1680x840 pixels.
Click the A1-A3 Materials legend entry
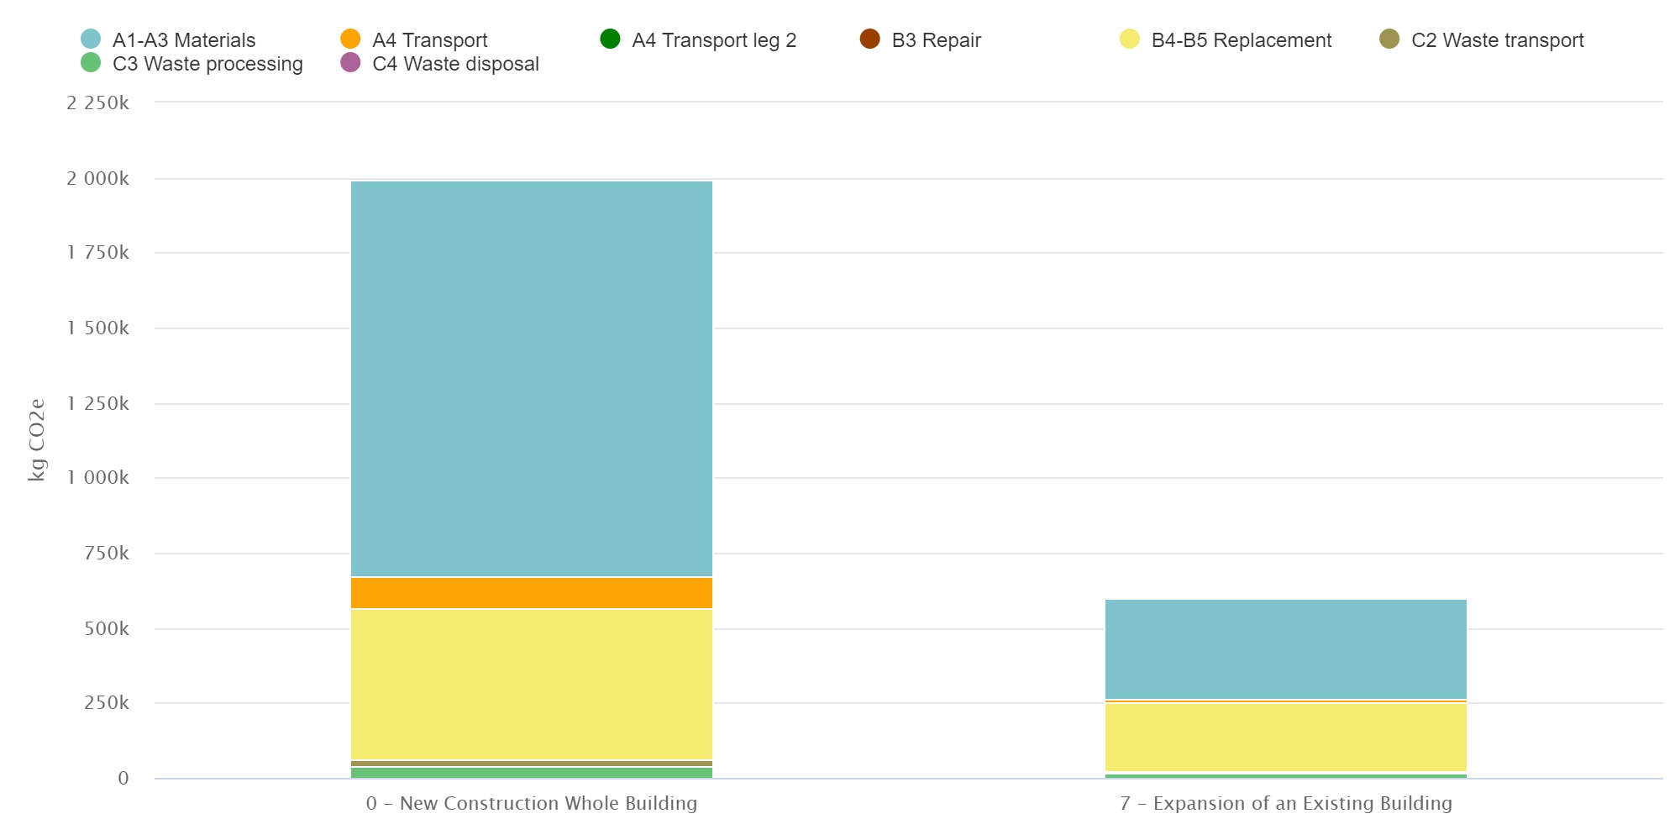click(x=183, y=40)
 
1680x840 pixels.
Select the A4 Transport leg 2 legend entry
click(x=713, y=40)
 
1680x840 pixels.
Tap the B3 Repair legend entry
click(x=936, y=40)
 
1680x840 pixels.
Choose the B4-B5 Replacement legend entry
click(x=1241, y=40)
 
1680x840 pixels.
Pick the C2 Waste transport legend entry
click(x=1497, y=40)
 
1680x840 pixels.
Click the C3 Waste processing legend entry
click(x=207, y=64)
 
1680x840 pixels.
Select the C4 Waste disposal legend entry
click(x=455, y=64)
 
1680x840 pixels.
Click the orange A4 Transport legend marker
click(x=350, y=39)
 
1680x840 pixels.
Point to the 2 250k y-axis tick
click(x=98, y=103)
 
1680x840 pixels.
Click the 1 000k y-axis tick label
click(x=98, y=478)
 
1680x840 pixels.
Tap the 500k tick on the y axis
click(x=107, y=629)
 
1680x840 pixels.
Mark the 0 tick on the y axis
click(x=123, y=779)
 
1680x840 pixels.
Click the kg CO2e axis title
click(x=37, y=439)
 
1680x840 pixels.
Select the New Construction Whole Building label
click(x=532, y=804)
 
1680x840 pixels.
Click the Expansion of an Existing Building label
click(x=1286, y=804)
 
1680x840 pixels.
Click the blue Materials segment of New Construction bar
click(x=532, y=378)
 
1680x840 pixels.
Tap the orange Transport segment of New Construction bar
click(x=532, y=593)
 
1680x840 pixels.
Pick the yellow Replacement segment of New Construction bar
click(x=532, y=685)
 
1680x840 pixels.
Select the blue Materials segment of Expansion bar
click(x=1286, y=648)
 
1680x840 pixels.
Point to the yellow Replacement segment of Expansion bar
click(x=1286, y=737)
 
